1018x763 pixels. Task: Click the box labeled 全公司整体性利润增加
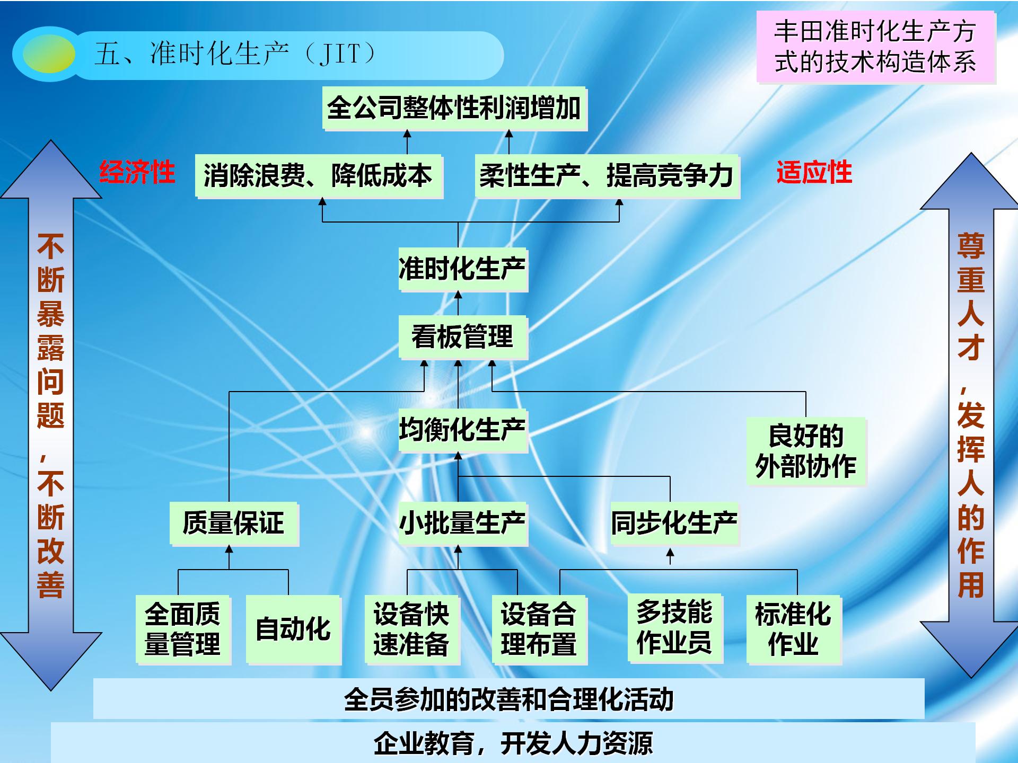tap(454, 109)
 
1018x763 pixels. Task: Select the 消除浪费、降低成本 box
tap(319, 176)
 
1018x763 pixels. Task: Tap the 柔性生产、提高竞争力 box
tap(607, 176)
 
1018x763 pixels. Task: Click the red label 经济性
tap(137, 172)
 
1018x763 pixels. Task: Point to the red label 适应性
tap(814, 172)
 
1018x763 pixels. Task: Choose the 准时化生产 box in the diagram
tap(463, 269)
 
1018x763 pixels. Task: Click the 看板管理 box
tap(463, 338)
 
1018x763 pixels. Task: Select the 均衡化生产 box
tap(463, 430)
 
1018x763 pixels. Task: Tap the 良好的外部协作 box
tap(806, 451)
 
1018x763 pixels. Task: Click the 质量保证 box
tap(234, 524)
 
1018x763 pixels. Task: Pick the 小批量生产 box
tap(463, 524)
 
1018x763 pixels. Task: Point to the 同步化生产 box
tap(675, 524)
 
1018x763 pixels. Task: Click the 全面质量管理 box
tap(183, 629)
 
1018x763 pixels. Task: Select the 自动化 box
tap(293, 629)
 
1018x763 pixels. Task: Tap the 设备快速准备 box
tap(412, 629)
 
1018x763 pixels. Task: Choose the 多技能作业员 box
tap(675, 628)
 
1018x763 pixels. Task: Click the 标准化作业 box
tap(794, 629)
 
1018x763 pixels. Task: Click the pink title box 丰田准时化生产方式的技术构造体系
tap(876, 47)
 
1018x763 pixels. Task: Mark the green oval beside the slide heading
tap(49, 54)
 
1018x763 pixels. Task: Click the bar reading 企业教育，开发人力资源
tap(513, 743)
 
